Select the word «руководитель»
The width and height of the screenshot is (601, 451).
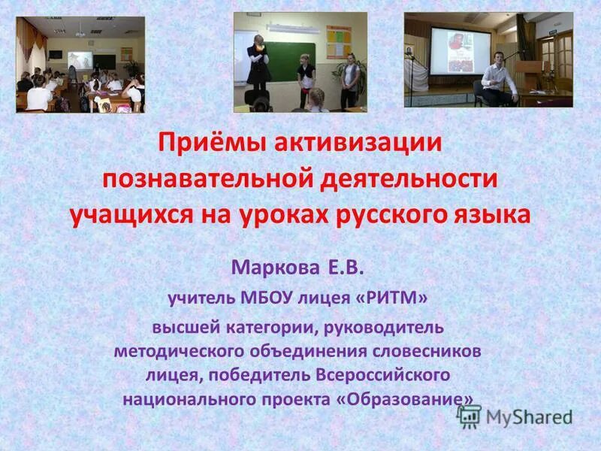tap(394, 327)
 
